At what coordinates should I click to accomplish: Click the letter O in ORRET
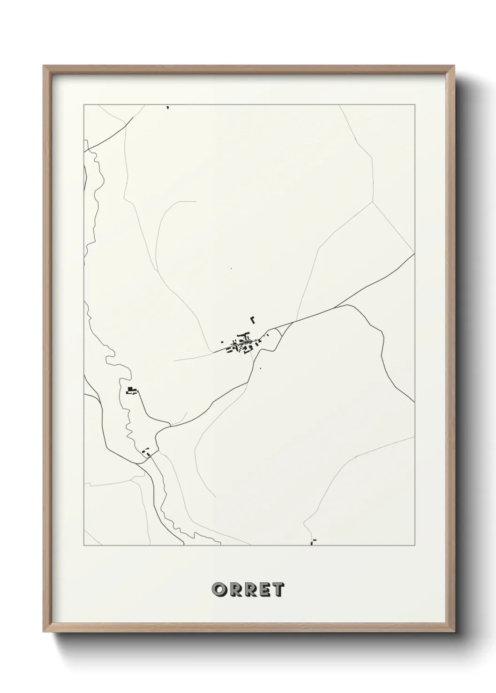click(x=219, y=590)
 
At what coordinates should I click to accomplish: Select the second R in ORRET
click(x=248, y=590)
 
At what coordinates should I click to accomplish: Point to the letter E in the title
click(x=263, y=590)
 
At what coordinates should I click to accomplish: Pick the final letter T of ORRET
click(x=277, y=590)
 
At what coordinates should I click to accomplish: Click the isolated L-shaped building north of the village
click(x=253, y=320)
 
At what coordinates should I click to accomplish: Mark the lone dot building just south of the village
click(x=260, y=369)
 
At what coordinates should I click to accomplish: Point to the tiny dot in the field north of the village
click(x=231, y=268)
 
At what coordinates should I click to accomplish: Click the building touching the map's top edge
click(x=167, y=107)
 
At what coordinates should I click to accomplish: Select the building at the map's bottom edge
click(x=312, y=542)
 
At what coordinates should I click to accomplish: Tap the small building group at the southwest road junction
click(x=146, y=452)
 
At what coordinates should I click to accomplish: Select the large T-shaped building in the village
click(x=244, y=336)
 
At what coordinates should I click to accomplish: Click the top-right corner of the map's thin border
click(x=414, y=104)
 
